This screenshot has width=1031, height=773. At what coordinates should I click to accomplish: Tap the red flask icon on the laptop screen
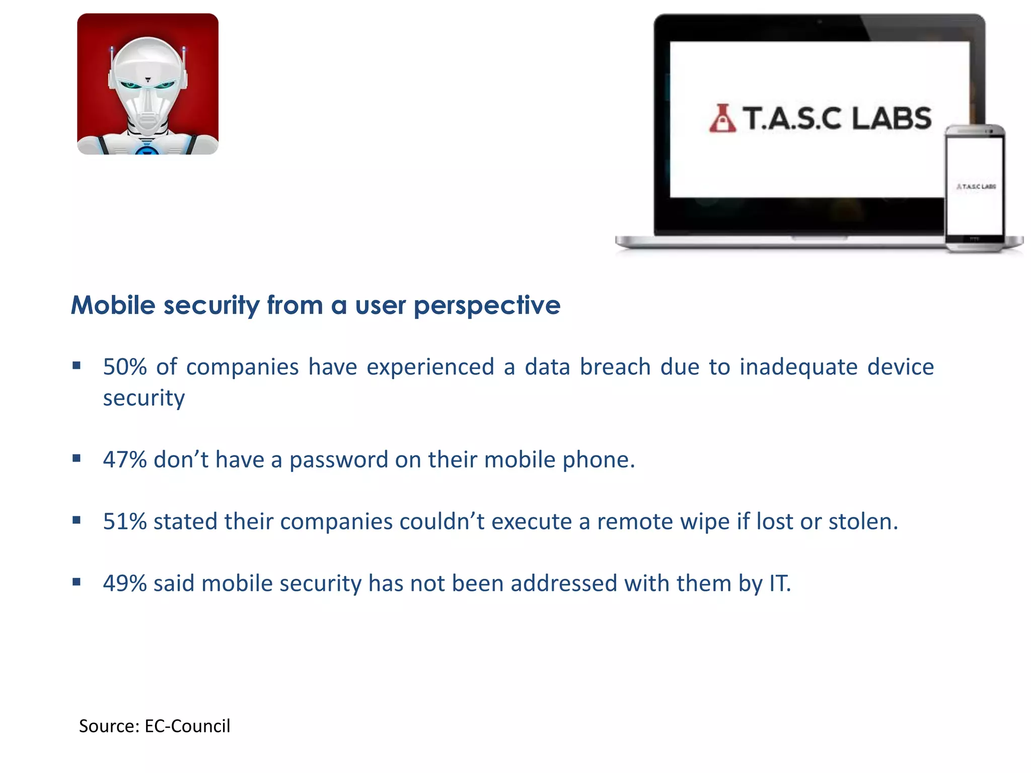722,119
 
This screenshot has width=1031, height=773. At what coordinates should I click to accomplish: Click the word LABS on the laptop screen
892,119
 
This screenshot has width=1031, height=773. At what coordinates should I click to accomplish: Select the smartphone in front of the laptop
975,189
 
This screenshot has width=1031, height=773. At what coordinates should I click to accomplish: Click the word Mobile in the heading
113,305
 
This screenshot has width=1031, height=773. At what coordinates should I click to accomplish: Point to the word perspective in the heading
487,306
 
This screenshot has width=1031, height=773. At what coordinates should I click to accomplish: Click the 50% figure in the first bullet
125,366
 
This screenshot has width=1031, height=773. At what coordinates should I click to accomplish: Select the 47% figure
125,459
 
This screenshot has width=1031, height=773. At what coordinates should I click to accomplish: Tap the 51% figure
125,521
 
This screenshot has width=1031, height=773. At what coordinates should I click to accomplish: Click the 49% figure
125,583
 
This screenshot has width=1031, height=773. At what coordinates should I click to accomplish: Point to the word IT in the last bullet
779,583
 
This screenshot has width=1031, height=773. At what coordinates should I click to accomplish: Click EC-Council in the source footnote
187,726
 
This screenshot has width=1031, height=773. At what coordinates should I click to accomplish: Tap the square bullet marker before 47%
77,458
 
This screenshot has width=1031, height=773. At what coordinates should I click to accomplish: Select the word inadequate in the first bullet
798,367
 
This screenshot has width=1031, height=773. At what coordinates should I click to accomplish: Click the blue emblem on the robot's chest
146,150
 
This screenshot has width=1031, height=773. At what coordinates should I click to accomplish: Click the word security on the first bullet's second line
144,398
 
